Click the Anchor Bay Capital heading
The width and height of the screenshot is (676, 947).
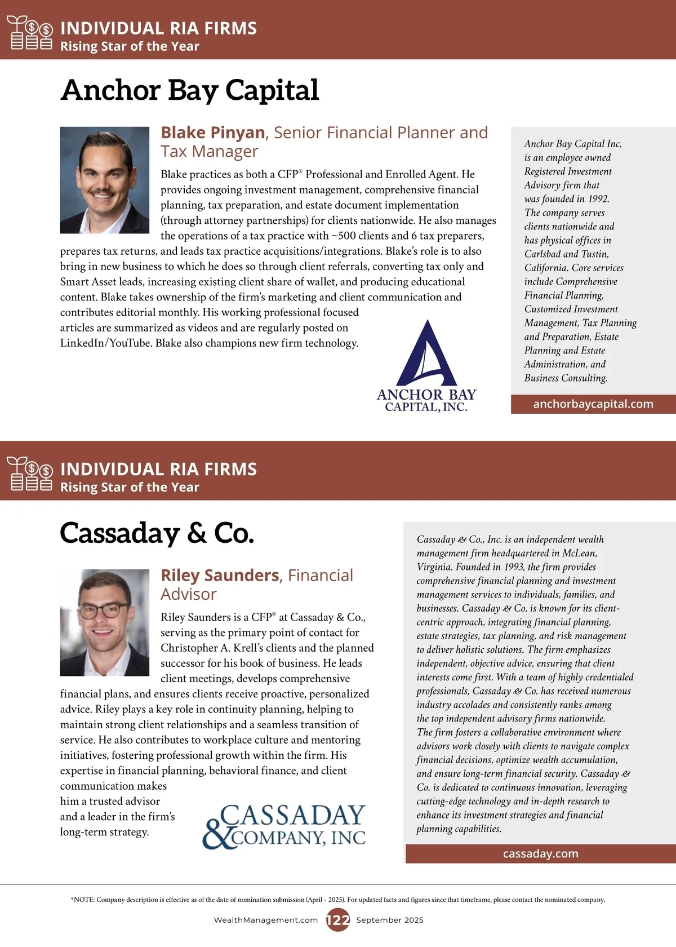point(190,90)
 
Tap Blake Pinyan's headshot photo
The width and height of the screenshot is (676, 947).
point(105,180)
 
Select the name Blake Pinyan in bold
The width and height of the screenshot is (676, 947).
point(213,132)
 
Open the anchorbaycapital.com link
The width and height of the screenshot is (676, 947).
point(593,404)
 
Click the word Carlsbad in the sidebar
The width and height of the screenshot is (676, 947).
point(542,254)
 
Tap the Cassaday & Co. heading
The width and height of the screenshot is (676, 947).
point(157,533)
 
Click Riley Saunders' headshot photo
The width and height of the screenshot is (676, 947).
point(105,622)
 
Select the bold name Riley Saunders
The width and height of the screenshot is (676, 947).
point(220,576)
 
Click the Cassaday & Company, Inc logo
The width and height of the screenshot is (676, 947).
point(284,826)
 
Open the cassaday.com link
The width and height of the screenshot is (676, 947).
point(540,854)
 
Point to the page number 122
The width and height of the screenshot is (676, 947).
point(338,921)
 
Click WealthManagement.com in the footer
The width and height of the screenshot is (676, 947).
point(266,921)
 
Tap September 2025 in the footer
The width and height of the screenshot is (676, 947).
point(390,921)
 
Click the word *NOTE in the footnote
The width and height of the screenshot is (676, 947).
point(82,900)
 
